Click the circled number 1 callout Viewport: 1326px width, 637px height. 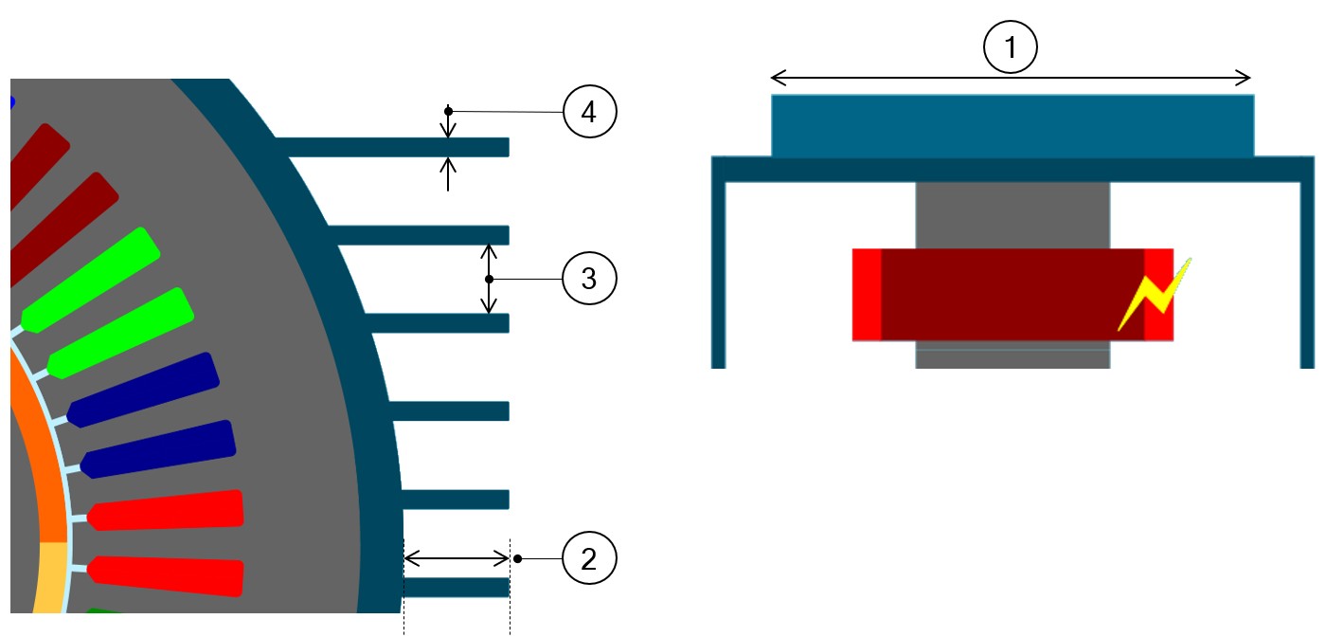(x=1012, y=47)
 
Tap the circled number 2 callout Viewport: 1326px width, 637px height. (x=589, y=558)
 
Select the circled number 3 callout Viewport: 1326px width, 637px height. (x=589, y=280)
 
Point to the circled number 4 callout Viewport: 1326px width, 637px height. (x=589, y=112)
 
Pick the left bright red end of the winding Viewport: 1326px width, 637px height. (x=867, y=294)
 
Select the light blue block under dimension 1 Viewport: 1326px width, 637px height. (x=1012, y=125)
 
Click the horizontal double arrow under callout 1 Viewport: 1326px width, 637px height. (x=1012, y=78)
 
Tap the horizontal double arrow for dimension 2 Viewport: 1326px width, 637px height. (x=457, y=558)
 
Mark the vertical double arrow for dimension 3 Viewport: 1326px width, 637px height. (x=489, y=280)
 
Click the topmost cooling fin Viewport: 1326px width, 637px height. (x=393, y=147)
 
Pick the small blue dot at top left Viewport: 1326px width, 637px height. (x=11, y=101)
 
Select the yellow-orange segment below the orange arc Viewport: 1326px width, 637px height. (x=47, y=578)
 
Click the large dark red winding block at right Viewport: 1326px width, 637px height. (x=1012, y=294)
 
